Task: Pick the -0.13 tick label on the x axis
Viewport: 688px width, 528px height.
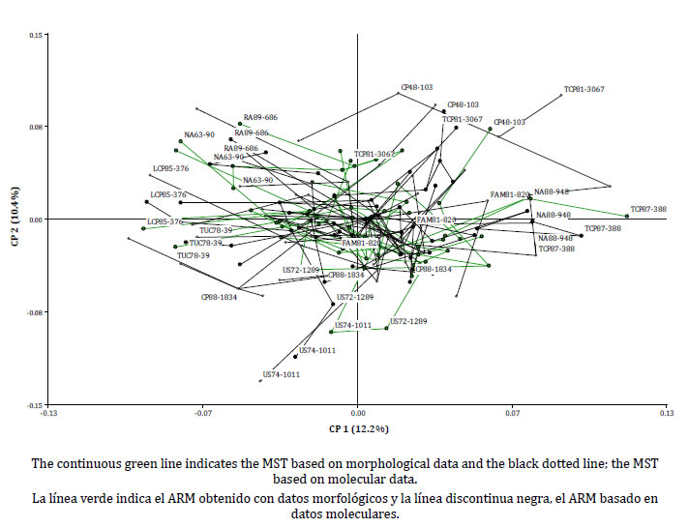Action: click(48, 414)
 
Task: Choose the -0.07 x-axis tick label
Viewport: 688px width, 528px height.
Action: click(203, 414)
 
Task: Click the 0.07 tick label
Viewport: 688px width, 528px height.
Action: click(513, 414)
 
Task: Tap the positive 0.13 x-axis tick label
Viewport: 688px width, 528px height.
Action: click(667, 414)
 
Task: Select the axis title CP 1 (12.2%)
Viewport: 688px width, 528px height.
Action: click(358, 428)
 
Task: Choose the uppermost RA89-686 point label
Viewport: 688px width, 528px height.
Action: click(260, 118)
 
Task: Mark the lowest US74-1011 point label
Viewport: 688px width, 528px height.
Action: click(282, 374)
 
